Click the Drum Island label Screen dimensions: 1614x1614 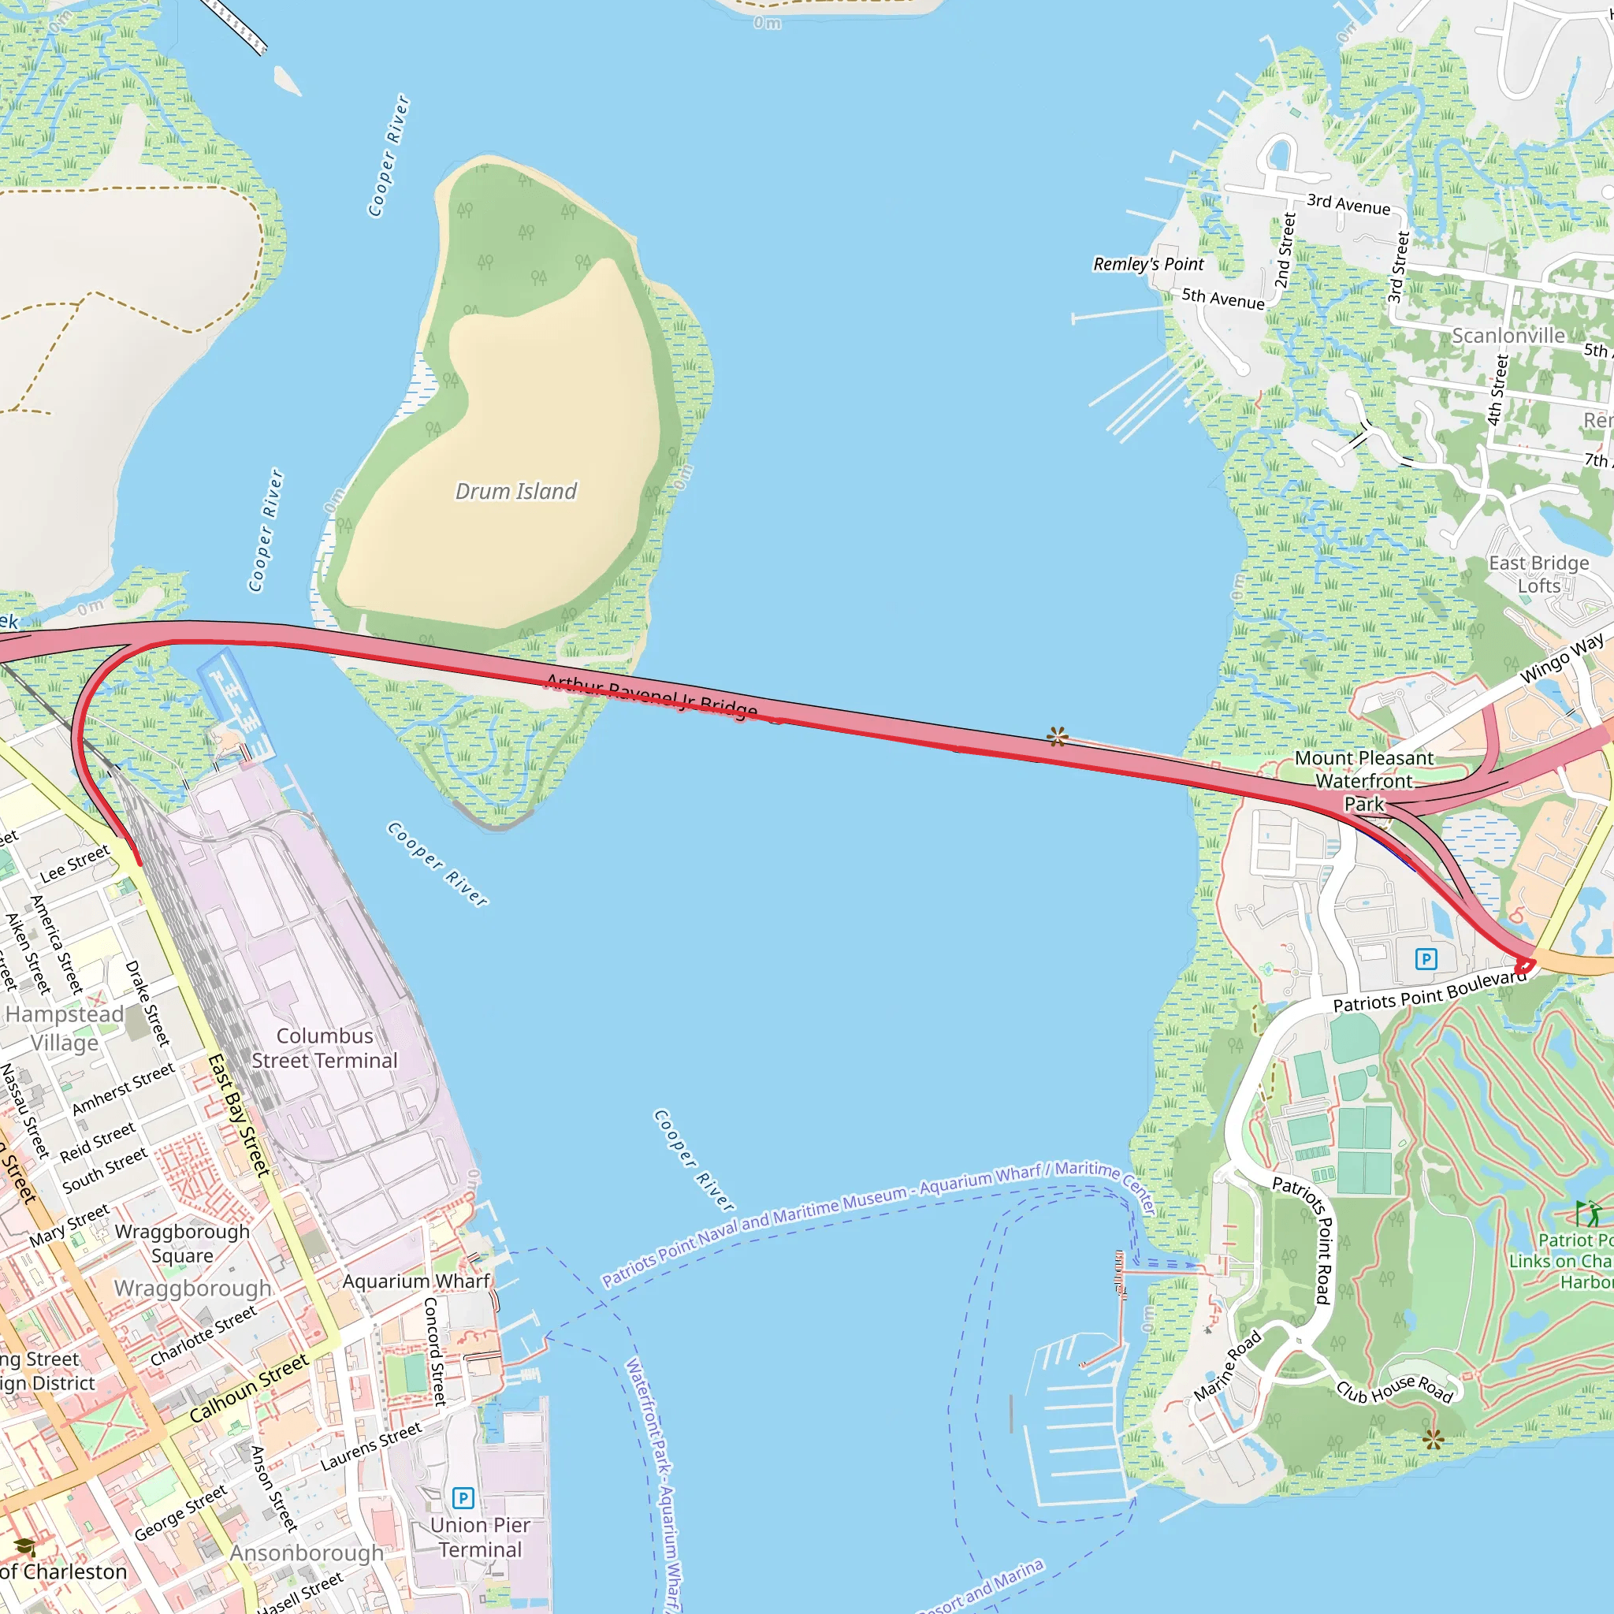[x=515, y=491]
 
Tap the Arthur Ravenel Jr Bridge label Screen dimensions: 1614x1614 [x=652, y=696]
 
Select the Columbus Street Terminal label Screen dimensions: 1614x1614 [x=324, y=1047]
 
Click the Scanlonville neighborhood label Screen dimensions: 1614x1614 [x=1508, y=336]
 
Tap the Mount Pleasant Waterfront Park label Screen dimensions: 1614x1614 [x=1363, y=780]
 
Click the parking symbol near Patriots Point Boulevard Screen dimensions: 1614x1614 [x=1426, y=958]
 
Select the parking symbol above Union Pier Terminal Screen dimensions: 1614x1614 [x=463, y=1498]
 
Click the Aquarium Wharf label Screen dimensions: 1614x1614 [x=416, y=1281]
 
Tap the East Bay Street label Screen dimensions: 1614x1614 [x=238, y=1115]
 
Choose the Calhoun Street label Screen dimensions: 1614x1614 [x=248, y=1388]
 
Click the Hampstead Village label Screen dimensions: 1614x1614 [x=65, y=1028]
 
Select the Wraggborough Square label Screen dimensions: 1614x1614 [x=182, y=1243]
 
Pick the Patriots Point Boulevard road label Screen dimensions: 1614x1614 [x=1429, y=991]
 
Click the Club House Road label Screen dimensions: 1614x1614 [x=1394, y=1389]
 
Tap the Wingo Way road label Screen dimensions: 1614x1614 [x=1561, y=657]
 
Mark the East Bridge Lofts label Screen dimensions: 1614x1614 [x=1538, y=574]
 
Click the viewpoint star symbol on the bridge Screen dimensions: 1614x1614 [x=1057, y=737]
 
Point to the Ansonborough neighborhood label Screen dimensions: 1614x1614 [x=307, y=1553]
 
